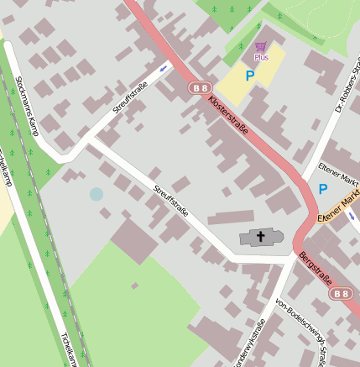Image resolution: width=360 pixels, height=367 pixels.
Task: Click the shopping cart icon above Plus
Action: click(261, 46)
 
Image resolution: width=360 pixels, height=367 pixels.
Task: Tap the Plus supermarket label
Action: click(261, 58)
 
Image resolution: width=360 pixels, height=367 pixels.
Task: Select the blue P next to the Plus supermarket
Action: click(249, 76)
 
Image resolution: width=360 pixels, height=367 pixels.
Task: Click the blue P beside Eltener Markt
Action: click(323, 189)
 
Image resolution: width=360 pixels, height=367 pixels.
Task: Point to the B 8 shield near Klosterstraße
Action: click(199, 87)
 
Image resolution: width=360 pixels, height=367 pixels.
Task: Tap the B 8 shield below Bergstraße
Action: click(340, 293)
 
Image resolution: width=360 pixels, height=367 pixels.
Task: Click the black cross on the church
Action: click(260, 237)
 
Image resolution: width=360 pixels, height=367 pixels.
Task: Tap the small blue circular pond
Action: click(97, 195)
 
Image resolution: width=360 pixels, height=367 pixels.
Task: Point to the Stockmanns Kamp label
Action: click(28, 106)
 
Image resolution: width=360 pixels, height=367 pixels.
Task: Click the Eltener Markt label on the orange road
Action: click(340, 207)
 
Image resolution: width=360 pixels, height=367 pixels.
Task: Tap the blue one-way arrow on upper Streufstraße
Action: click(163, 68)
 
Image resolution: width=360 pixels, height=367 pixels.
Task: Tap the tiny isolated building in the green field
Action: click(134, 286)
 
